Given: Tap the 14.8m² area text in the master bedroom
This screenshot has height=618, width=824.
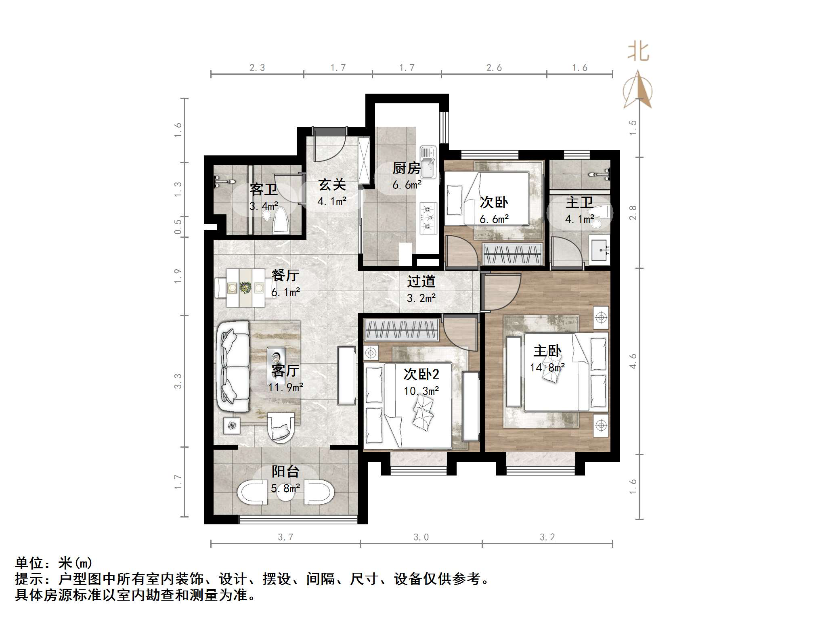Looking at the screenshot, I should tap(547, 367).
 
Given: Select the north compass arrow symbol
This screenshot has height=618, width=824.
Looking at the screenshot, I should tap(637, 90).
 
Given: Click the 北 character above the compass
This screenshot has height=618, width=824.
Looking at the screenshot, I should tap(638, 52).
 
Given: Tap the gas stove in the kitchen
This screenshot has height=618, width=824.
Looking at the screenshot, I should tap(428, 218).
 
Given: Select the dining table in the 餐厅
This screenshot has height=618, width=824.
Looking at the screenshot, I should tap(245, 288).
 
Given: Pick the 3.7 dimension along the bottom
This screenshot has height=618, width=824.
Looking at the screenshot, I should tap(285, 537).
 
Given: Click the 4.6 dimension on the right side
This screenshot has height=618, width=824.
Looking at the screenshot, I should tap(633, 361).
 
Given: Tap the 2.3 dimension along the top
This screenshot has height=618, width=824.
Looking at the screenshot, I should tap(257, 68).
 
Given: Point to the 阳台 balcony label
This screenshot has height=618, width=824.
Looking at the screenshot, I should tap(285, 471).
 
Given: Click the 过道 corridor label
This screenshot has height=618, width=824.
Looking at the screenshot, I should tap(421, 281).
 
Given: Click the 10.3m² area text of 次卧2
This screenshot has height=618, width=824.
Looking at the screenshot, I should tap(421, 391).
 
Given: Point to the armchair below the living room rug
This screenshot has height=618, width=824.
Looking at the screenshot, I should tap(280, 427).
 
